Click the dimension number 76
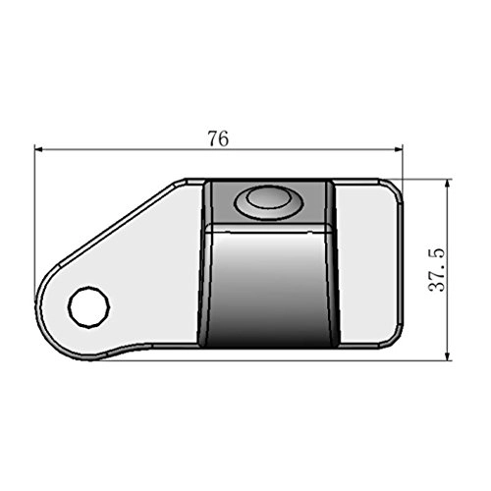[x=218, y=138]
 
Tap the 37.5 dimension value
[x=439, y=268]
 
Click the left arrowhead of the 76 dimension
[x=40, y=150]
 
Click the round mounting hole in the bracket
[x=87, y=307]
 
